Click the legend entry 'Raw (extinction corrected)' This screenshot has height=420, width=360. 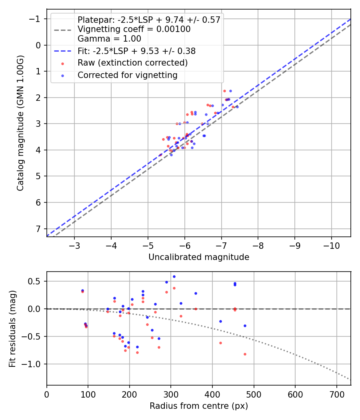[132, 63]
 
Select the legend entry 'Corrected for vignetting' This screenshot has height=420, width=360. [127, 75]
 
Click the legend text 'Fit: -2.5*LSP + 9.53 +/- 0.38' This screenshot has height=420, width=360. [136, 51]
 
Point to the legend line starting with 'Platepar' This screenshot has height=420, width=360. [149, 20]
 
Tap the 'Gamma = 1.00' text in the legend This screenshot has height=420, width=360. [109, 39]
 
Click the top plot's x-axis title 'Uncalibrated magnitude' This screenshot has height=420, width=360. [199, 257]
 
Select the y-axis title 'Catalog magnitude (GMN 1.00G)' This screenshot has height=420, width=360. [20, 123]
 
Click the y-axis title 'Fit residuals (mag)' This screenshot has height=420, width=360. [12, 328]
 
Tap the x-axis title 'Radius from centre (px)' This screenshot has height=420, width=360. [199, 406]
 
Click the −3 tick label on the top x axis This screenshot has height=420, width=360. [74, 244]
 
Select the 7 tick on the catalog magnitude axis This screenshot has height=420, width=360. [38, 229]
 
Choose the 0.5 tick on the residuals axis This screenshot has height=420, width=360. [36, 281]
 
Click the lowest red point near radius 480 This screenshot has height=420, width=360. [245, 354]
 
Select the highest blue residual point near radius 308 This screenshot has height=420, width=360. [174, 276]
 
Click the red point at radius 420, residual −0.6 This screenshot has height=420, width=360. [220, 343]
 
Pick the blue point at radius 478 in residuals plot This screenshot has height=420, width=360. [245, 326]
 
